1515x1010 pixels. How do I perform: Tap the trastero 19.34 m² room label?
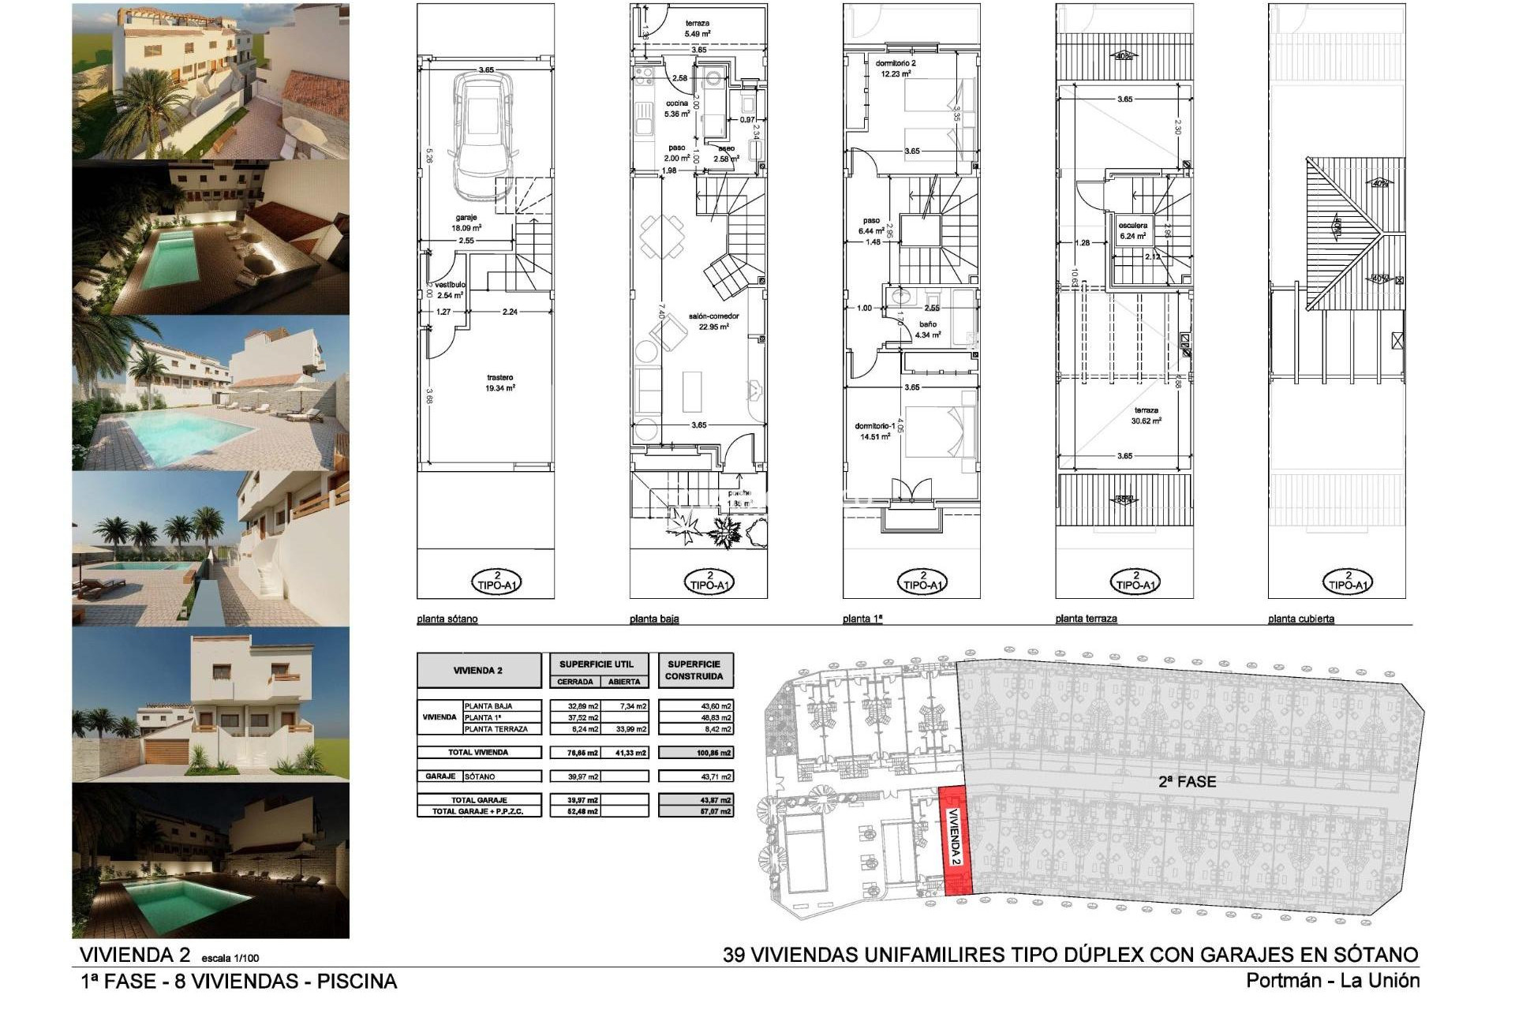point(500,383)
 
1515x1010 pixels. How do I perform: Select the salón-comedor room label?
point(713,320)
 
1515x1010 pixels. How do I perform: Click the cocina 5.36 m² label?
point(677,108)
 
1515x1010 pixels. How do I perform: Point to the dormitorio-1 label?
point(875,431)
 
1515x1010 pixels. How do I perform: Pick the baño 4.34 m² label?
point(928,329)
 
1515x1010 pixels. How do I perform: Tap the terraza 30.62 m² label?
point(1147,415)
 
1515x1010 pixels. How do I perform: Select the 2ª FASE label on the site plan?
point(1187,782)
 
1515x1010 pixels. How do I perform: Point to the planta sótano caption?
point(447,619)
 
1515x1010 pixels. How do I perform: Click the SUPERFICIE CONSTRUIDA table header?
point(694,670)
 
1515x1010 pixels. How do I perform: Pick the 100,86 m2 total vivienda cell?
point(695,753)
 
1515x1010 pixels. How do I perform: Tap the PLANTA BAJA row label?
point(489,706)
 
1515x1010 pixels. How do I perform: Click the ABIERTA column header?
point(624,682)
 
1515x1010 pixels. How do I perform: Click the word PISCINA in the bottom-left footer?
point(357,982)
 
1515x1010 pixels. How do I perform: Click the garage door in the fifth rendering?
point(166,750)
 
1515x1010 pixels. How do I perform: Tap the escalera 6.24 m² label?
point(1133,230)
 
